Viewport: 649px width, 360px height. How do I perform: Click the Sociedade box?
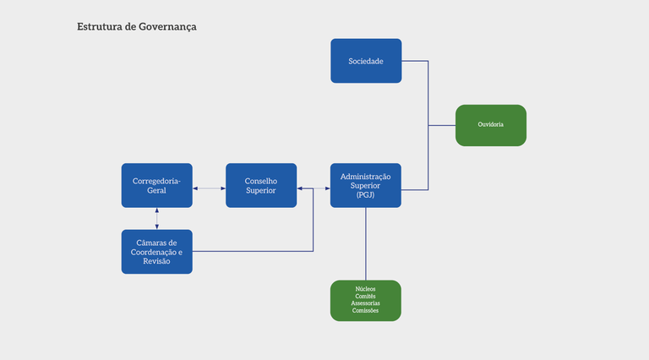[365, 61]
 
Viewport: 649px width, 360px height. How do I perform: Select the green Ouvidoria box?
[490, 124]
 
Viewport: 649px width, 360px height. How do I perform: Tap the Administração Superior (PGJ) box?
[365, 185]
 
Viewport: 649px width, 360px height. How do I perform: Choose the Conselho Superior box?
[260, 185]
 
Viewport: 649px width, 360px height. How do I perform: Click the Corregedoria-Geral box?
[156, 185]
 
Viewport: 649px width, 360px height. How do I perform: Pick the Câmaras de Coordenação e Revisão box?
[156, 251]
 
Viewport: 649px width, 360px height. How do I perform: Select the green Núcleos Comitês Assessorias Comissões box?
[365, 300]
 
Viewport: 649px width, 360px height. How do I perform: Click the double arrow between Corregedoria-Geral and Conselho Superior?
[209, 188]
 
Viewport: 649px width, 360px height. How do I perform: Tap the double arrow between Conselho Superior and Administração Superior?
[314, 188]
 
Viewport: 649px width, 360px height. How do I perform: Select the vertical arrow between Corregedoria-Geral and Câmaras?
[157, 218]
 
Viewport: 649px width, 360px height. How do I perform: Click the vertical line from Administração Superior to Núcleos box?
[366, 243]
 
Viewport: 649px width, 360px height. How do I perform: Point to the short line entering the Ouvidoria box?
[442, 125]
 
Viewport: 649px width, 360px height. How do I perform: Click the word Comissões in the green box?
[365, 311]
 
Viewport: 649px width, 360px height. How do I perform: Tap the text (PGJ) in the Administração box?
[365, 194]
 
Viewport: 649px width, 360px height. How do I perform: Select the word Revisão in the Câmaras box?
[156, 261]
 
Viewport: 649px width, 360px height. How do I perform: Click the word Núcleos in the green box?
[365, 289]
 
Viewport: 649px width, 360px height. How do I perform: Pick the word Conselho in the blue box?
[260, 180]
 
